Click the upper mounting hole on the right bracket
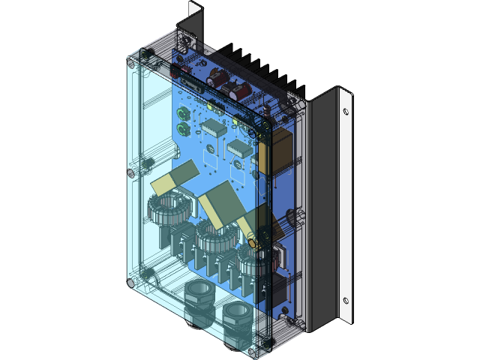point(345,112)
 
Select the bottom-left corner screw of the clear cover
point(131,283)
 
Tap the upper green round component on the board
point(182,114)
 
